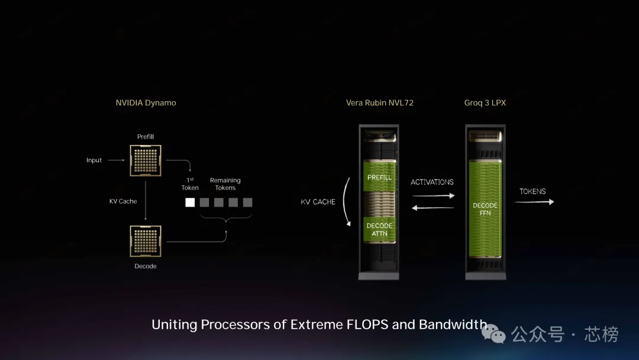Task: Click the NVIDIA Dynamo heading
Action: point(146,102)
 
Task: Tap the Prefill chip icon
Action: point(146,160)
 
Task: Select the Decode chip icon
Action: point(146,241)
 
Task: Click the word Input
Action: point(94,160)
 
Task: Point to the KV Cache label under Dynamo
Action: point(123,201)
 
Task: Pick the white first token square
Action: point(190,202)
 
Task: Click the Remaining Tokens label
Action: point(225,184)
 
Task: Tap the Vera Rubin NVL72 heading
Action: point(380,102)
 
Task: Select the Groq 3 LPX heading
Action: point(485,102)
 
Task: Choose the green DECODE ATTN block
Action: point(380,230)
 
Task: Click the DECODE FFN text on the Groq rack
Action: point(485,209)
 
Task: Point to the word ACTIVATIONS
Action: point(433,182)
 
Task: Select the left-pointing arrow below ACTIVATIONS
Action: point(433,207)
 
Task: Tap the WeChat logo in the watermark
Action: point(494,335)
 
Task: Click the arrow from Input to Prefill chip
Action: point(117,160)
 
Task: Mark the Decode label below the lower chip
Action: point(146,266)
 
